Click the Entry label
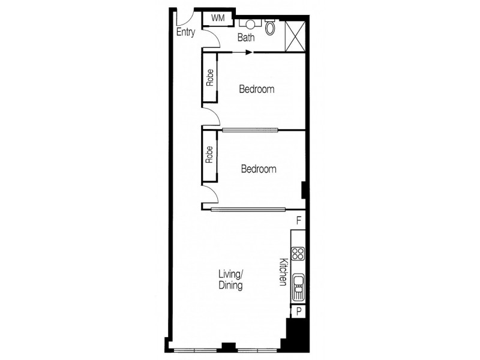pos(185,32)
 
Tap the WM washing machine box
pos(217,19)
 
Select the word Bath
pos(246,37)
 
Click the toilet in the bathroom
pos(271,27)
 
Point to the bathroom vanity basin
pos(248,24)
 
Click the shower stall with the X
pos(295,34)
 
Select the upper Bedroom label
pos(257,89)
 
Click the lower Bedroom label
pos(259,169)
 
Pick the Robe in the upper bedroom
pos(210,79)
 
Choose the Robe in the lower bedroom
pos(210,155)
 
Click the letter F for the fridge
pos(298,221)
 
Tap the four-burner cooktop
pos(298,254)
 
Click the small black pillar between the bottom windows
pos(228,346)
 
